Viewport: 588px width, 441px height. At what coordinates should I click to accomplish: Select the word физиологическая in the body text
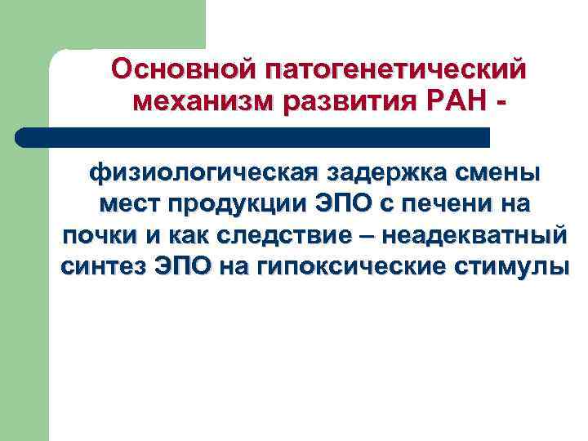pos(204,173)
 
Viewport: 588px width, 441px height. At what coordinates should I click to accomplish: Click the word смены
pos(498,173)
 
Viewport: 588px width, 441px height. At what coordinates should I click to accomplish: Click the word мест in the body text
pos(127,204)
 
